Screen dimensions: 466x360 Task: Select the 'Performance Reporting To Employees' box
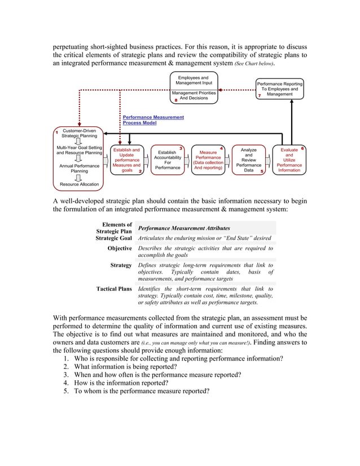click(279, 89)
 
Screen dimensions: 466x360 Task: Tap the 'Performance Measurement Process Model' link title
click(153, 120)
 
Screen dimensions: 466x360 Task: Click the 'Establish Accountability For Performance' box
click(168, 160)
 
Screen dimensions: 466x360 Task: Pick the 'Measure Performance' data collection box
click(208, 160)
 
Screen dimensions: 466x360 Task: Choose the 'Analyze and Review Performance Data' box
click(248, 160)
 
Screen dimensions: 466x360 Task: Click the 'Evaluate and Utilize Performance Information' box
click(289, 160)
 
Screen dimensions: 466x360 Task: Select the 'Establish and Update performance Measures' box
click(126, 160)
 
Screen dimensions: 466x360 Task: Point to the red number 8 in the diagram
click(176, 100)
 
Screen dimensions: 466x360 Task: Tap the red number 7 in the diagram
click(259, 96)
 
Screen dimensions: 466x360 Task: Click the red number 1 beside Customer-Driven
click(57, 133)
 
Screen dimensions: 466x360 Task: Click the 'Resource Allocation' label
click(79, 184)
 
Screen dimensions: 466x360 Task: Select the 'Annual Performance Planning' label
click(79, 168)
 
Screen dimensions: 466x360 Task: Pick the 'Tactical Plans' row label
click(114, 289)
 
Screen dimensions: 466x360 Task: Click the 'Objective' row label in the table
click(120, 248)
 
